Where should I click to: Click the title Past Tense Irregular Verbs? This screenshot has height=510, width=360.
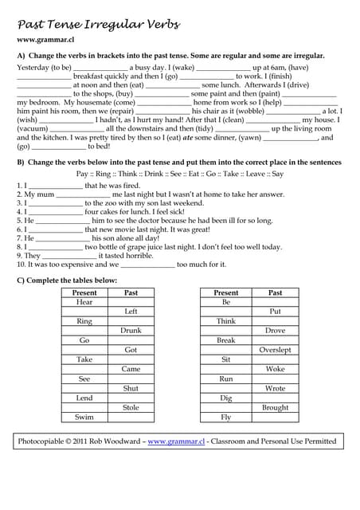click(98, 25)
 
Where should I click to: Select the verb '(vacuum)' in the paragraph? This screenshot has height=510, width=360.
click(33, 127)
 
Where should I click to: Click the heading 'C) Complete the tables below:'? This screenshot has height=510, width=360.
click(67, 280)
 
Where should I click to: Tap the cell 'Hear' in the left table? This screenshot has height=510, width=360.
click(84, 302)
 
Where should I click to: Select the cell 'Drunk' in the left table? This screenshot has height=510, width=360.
click(131, 331)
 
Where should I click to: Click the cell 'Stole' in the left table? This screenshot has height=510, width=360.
click(131, 407)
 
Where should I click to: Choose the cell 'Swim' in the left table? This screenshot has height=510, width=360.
click(84, 417)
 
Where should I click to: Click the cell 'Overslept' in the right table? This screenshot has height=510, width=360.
click(275, 350)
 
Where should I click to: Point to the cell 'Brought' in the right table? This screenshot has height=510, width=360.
click(275, 407)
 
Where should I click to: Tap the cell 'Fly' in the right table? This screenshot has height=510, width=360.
click(226, 417)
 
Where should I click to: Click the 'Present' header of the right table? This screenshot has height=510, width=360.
click(226, 292)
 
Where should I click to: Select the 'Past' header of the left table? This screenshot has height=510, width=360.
click(131, 292)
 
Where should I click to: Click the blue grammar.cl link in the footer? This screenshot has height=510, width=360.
click(176, 441)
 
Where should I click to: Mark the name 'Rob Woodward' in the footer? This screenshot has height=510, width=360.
click(115, 441)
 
